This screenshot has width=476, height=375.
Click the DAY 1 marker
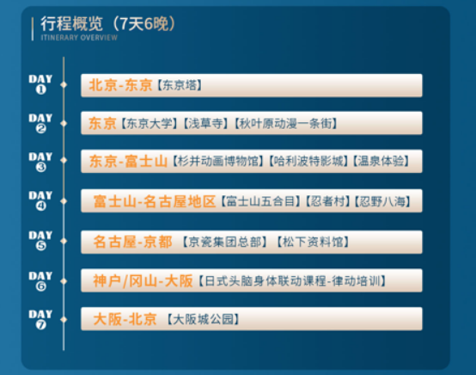pos(40,83)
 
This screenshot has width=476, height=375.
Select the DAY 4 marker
pos(40,200)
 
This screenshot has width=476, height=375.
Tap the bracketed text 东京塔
pos(180,86)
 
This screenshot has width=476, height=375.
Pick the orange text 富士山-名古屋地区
pos(155,202)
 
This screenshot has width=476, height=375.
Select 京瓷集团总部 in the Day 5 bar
pos(223,242)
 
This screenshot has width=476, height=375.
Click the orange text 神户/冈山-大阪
pos(143,280)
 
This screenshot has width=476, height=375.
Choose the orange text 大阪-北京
pos(125,319)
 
